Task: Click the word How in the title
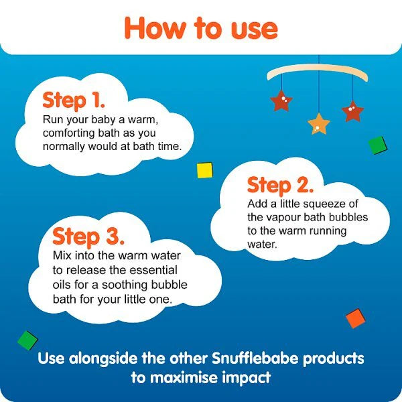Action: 155,29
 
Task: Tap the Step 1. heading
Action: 74,100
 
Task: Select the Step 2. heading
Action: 280,186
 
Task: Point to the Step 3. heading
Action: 88,237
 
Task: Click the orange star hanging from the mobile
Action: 319,124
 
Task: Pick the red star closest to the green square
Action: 353,111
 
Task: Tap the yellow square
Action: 204,170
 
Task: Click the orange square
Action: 356,318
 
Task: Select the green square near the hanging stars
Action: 378,145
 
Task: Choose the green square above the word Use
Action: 27,340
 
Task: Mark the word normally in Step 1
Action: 64,147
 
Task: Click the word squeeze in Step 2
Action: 324,204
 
